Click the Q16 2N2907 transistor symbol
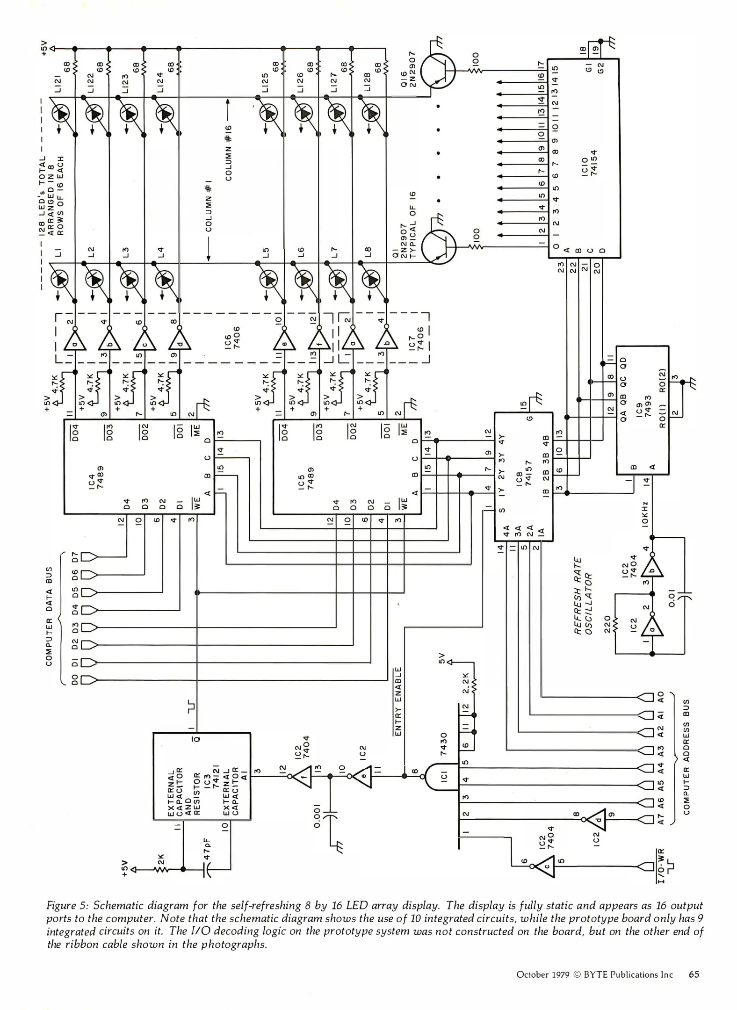[438, 71]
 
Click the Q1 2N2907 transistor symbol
[439, 247]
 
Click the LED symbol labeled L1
[59, 280]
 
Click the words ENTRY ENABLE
[398, 701]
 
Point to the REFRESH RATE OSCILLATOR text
[583, 596]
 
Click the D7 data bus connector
[89, 557]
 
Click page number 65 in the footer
[694, 974]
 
